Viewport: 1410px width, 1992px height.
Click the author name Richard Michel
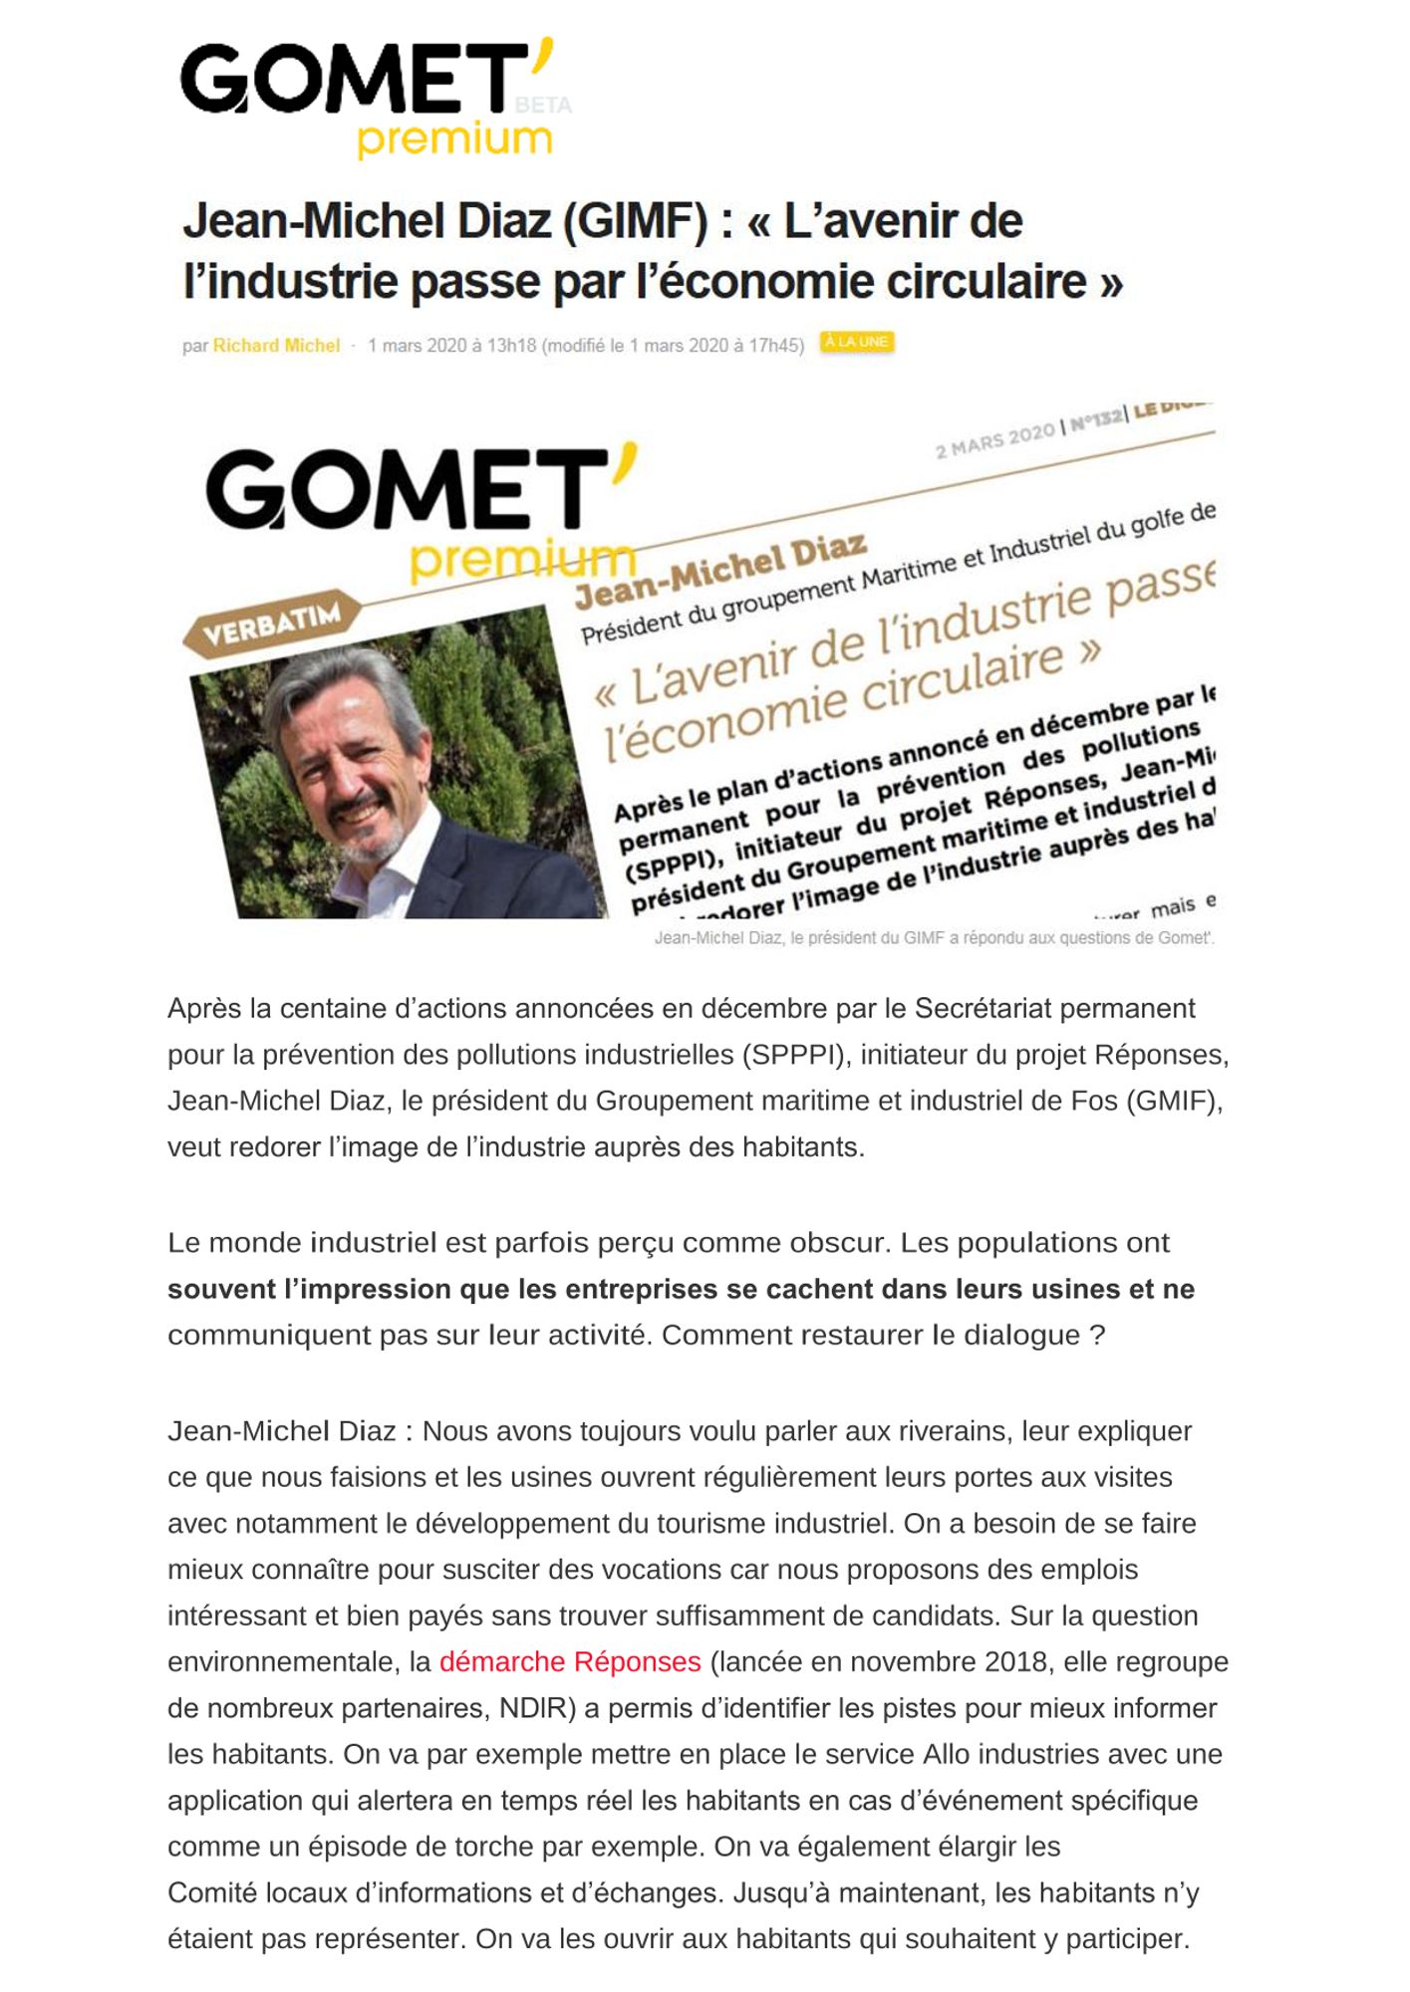point(276,346)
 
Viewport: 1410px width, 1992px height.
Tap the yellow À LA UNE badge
point(856,342)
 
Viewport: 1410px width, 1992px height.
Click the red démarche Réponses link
point(570,1662)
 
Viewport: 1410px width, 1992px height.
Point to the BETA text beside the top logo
point(543,106)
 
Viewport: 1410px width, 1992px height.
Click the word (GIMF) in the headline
point(635,221)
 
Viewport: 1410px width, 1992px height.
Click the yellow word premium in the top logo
point(454,139)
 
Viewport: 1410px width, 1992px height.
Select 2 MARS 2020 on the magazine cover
point(993,440)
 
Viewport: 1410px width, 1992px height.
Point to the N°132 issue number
point(1096,420)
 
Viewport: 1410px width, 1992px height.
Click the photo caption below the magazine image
point(934,938)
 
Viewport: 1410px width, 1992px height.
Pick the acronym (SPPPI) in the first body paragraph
point(796,1055)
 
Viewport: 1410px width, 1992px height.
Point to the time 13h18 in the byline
point(511,346)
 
